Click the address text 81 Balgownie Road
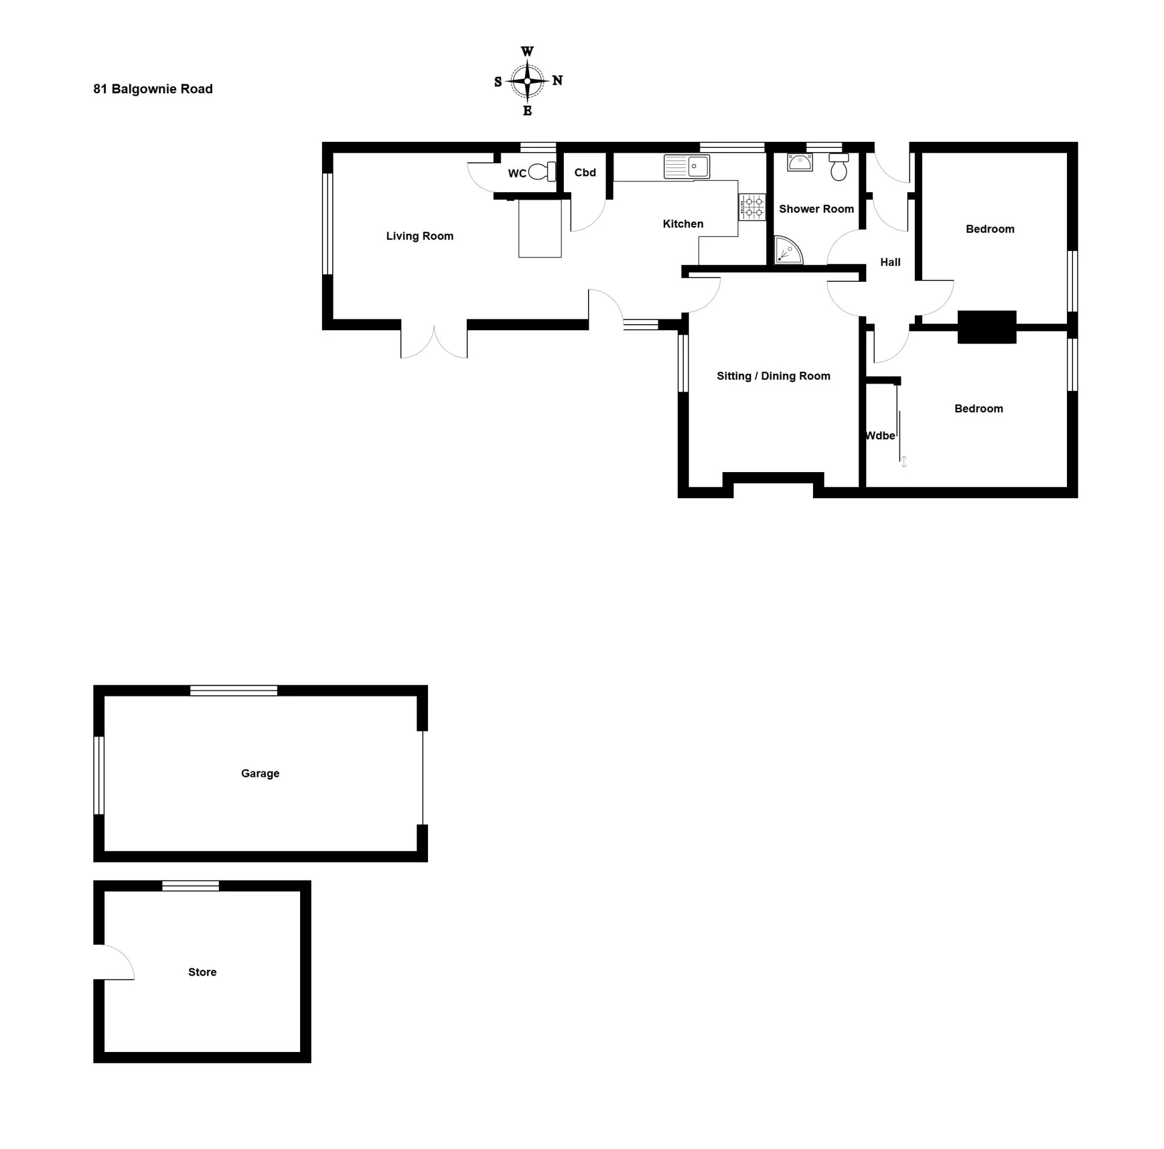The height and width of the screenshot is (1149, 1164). (x=153, y=89)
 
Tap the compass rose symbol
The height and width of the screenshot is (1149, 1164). (x=527, y=81)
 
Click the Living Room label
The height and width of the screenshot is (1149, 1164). (x=420, y=236)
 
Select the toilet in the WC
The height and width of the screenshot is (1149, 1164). (x=542, y=172)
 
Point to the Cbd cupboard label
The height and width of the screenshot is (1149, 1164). (x=585, y=173)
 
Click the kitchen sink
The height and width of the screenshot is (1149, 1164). (x=687, y=167)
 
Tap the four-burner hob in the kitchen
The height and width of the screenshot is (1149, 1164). (x=752, y=207)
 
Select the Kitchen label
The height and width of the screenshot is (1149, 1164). (x=683, y=224)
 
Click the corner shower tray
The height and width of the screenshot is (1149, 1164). (x=788, y=250)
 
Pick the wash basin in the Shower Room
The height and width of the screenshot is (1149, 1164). (x=800, y=162)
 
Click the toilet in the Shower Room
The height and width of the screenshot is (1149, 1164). (x=838, y=167)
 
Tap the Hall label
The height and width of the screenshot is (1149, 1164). (x=890, y=262)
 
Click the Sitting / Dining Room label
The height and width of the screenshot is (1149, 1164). (x=773, y=376)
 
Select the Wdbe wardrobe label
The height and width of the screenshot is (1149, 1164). (x=880, y=436)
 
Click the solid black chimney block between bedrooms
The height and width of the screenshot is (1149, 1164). (x=986, y=327)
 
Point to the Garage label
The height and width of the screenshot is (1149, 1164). (x=260, y=773)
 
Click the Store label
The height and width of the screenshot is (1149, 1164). (x=202, y=972)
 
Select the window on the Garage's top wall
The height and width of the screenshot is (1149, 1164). (x=233, y=690)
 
